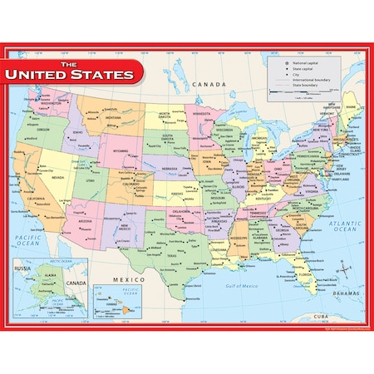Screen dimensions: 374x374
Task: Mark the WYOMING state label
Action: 120,150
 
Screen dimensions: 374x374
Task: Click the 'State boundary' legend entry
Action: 308,86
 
